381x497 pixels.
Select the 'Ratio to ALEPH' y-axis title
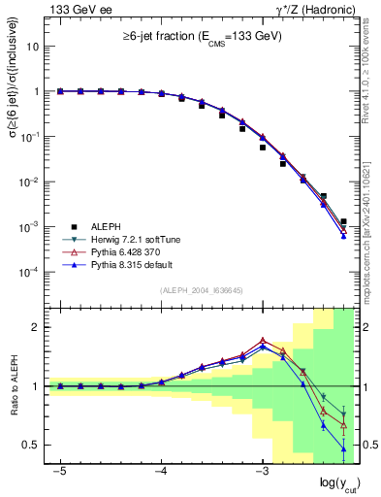pyautogui.click(x=15, y=386)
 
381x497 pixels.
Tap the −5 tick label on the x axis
pyautogui.click(x=60, y=470)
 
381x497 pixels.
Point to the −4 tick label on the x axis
pyautogui.click(x=161, y=470)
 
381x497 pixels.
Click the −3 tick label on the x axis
pyautogui.click(x=261, y=470)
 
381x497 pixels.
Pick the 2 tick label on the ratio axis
pyautogui.click(x=36, y=327)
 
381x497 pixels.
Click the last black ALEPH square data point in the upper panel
pyautogui.click(x=343, y=222)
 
